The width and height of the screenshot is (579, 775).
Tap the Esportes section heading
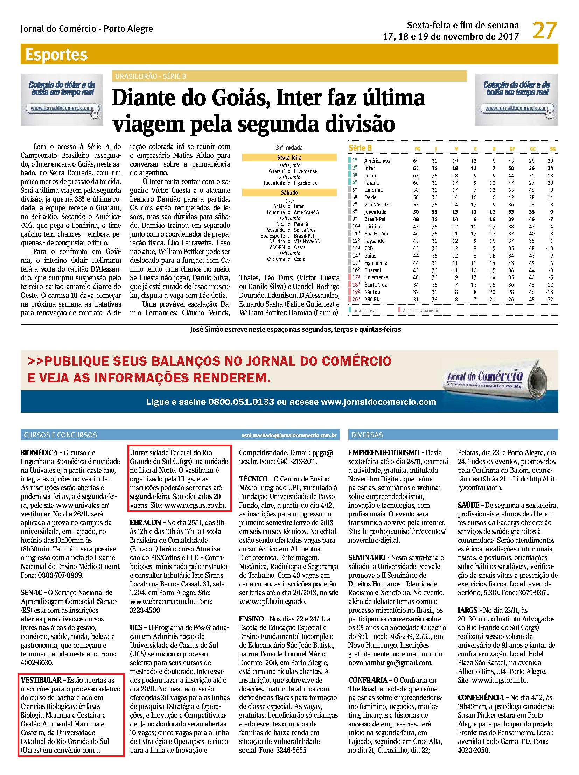tap(56, 55)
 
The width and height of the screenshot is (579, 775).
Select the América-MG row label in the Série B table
tap(377, 161)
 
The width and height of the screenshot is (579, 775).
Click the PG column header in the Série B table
tap(417, 149)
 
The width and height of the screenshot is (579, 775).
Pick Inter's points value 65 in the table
tap(416, 168)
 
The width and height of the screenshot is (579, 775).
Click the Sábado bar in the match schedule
tap(289, 193)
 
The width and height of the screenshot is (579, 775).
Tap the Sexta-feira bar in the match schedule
tap(289, 158)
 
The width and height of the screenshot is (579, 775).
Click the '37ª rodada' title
tap(289, 148)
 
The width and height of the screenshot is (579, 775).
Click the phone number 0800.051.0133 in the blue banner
tap(241, 402)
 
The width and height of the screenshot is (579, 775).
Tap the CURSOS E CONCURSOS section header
tap(60, 435)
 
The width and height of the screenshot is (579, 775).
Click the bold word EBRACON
tap(145, 522)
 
